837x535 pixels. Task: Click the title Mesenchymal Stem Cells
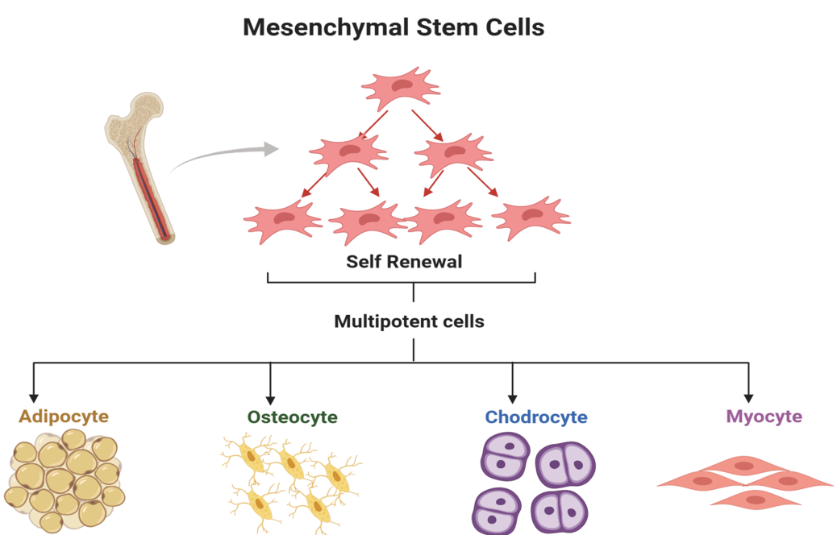(394, 27)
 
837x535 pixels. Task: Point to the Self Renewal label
(404, 262)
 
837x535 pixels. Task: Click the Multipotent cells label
(409, 321)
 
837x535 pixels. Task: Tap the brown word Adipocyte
(64, 417)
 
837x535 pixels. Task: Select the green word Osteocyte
(292, 417)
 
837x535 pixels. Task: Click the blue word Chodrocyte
(536, 417)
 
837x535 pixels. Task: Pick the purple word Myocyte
(764, 417)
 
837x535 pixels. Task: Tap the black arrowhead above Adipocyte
(33, 396)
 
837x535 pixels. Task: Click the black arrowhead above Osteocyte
(270, 398)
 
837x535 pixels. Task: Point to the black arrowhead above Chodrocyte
(512, 398)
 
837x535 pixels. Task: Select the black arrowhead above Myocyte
(748, 397)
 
